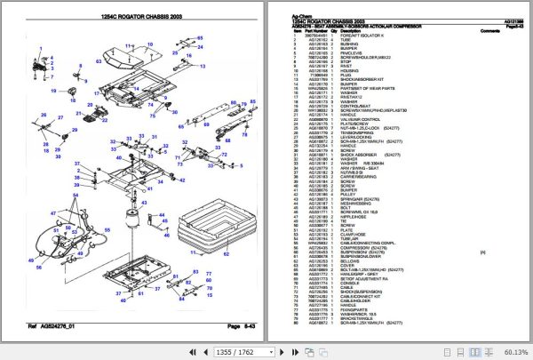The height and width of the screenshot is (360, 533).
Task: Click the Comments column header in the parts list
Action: click(x=490, y=31)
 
